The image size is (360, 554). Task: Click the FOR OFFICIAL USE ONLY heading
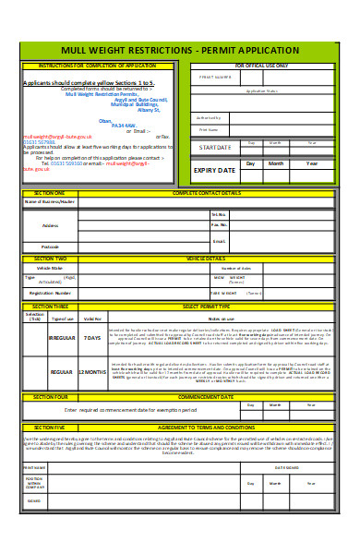261,66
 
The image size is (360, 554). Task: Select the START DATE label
215,147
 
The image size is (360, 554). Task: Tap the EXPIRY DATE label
215,170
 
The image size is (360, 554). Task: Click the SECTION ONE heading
49,193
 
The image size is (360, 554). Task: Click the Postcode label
50,247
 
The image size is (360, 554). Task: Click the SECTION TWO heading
49,259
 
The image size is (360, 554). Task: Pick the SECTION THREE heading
50,305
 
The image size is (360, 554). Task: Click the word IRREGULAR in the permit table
61,338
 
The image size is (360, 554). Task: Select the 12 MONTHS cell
92,372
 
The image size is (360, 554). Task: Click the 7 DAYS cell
92,338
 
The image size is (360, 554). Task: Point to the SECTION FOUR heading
49,396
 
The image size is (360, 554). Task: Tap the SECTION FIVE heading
49,428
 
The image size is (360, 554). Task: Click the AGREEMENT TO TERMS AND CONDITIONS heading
214,428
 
